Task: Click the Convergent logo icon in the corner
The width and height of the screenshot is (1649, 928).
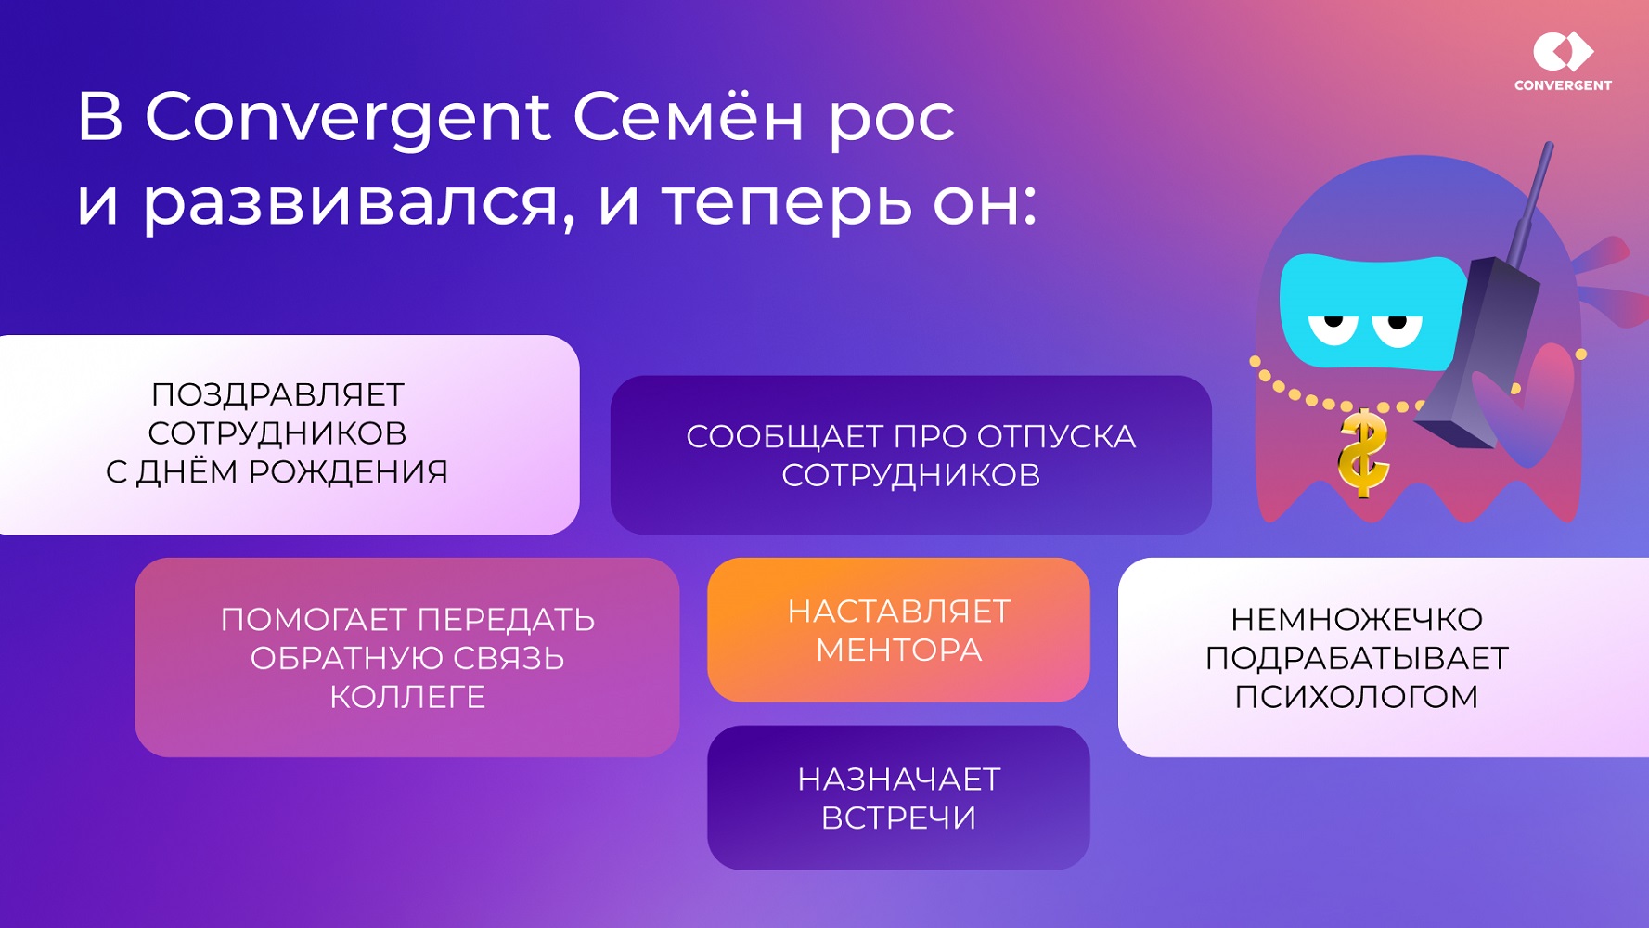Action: [1563, 51]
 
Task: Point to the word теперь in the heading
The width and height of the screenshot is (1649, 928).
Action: [787, 203]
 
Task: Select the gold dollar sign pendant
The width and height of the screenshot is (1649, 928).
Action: [1362, 454]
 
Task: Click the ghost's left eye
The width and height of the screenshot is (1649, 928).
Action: [1333, 327]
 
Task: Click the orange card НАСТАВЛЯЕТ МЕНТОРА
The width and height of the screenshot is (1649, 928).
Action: [898, 630]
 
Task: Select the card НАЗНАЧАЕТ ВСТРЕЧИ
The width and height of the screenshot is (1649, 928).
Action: [898, 798]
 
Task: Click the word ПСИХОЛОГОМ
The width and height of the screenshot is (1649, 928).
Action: [1356, 696]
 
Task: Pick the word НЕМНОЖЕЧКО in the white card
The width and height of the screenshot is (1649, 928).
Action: [1356, 619]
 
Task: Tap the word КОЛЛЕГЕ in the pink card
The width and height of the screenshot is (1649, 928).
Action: [407, 697]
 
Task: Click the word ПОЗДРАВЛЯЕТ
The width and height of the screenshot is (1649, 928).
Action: [277, 394]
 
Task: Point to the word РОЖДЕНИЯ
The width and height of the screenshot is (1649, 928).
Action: [348, 472]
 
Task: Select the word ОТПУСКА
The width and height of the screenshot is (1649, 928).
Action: [1056, 436]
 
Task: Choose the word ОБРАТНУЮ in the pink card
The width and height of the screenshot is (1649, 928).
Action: [341, 658]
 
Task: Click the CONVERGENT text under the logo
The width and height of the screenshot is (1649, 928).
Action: [1563, 85]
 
